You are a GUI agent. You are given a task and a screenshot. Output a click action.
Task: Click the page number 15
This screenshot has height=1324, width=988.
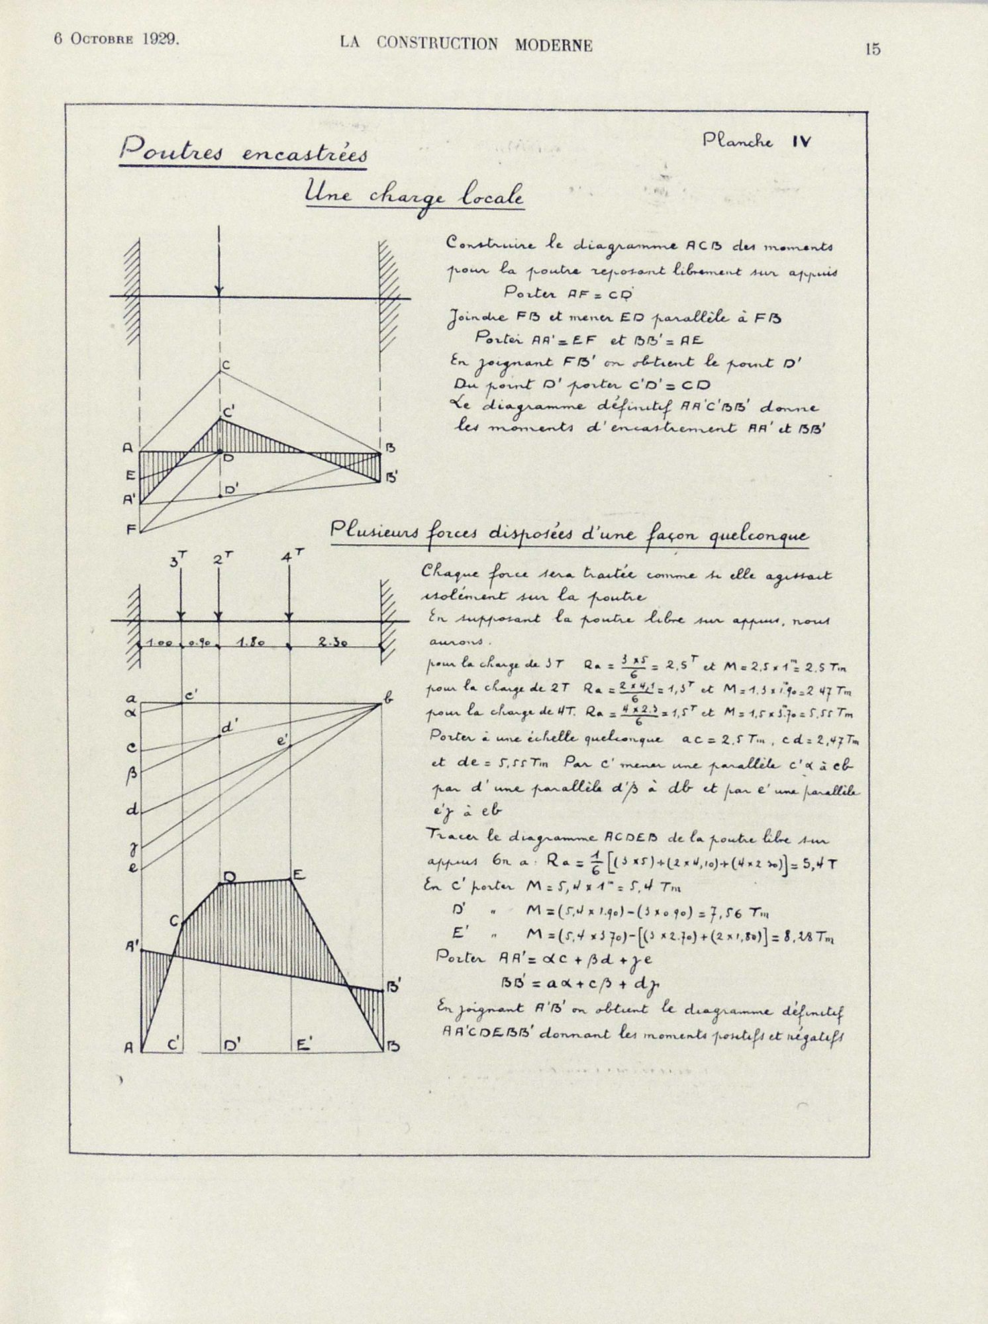(x=872, y=49)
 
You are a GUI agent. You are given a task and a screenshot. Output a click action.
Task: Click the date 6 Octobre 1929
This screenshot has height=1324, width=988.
(x=116, y=39)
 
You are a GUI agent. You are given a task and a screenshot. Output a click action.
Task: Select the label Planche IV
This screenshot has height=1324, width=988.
(x=757, y=141)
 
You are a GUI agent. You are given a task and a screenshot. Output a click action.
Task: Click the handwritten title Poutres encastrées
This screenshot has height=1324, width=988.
(x=244, y=151)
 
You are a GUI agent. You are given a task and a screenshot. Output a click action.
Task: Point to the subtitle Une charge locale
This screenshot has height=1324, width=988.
(x=414, y=196)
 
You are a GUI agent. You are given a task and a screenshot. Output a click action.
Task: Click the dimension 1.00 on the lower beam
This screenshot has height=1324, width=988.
(x=159, y=643)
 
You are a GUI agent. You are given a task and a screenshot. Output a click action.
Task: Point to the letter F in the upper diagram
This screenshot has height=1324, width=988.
(x=130, y=530)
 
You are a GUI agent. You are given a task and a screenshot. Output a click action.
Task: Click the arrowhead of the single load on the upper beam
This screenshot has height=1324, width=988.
(x=219, y=291)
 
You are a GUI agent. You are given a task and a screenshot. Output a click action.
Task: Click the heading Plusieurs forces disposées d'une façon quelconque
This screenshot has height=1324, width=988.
(x=569, y=534)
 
